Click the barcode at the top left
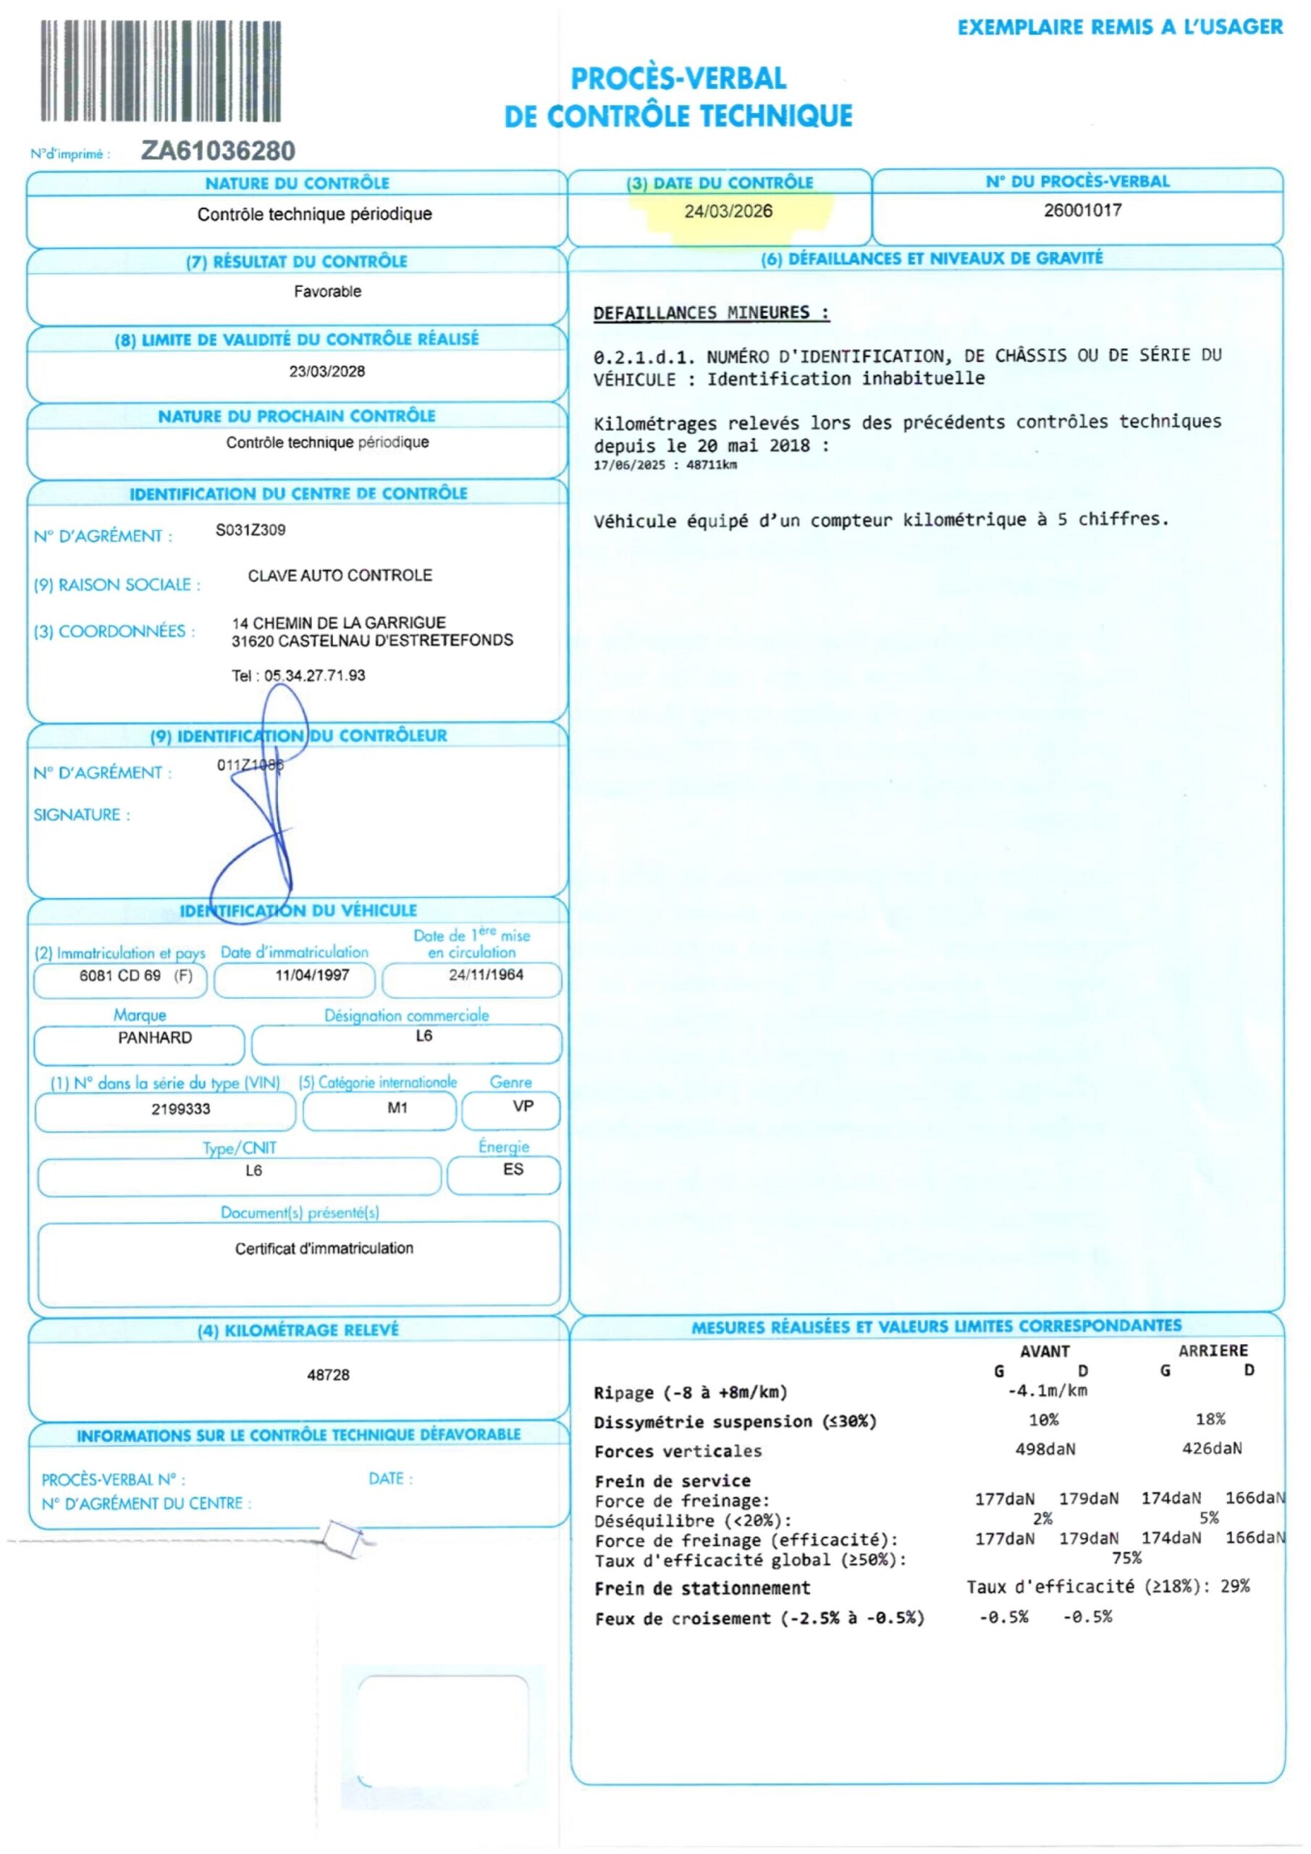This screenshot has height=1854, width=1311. [x=161, y=71]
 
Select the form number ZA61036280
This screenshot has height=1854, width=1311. [x=218, y=151]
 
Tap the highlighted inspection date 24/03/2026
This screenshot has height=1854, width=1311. [x=728, y=211]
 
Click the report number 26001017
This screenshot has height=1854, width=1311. [x=1082, y=211]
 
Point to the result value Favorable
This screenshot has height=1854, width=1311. [x=327, y=292]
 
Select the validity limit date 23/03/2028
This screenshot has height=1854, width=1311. [x=327, y=372]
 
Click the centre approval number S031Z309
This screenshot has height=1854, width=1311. [x=250, y=529]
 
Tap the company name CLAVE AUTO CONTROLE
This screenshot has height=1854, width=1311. [x=340, y=575]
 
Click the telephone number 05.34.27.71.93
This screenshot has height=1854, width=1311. [x=314, y=675]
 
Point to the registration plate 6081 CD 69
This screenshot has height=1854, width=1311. [x=120, y=976]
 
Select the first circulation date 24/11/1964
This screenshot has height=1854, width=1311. [x=486, y=975]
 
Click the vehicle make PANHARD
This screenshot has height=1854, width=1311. [x=155, y=1038]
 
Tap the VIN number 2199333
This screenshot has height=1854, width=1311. [x=181, y=1109]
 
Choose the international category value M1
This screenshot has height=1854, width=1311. [x=397, y=1108]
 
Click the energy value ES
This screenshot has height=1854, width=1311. [x=513, y=1169]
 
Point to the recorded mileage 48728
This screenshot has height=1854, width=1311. [x=328, y=1375]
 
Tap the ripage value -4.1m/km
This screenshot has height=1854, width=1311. [x=1047, y=1390]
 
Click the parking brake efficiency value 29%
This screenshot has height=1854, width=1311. [x=1234, y=1586]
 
